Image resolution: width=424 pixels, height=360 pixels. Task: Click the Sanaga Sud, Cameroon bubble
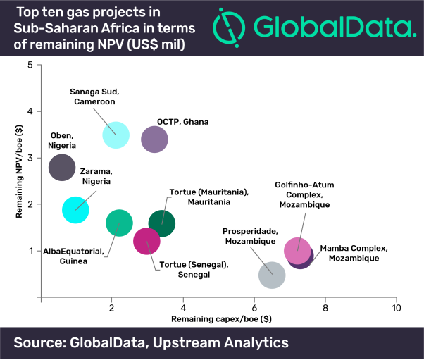click(x=116, y=135)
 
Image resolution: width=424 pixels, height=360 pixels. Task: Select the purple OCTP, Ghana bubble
click(x=154, y=139)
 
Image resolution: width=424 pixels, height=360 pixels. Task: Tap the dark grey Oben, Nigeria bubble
click(x=62, y=168)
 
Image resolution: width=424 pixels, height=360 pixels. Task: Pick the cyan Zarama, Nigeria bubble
click(x=75, y=209)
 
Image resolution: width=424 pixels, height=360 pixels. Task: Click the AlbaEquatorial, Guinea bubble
click(x=119, y=223)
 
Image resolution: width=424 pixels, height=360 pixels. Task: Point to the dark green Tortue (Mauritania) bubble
click(x=163, y=223)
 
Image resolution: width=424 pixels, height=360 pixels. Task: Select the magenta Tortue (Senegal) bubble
click(x=146, y=241)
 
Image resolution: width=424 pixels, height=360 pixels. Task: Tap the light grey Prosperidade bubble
click(x=272, y=274)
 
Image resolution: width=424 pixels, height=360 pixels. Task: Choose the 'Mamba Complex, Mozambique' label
click(x=354, y=253)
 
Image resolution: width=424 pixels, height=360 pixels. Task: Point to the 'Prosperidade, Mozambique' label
click(x=250, y=236)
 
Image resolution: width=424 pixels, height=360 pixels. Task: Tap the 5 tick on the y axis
click(x=30, y=65)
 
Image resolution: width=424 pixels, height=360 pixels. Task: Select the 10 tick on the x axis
click(x=396, y=309)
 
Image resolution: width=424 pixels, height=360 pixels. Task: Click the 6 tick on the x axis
click(x=254, y=309)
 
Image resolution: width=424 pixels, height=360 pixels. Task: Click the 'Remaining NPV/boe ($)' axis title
click(x=19, y=181)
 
